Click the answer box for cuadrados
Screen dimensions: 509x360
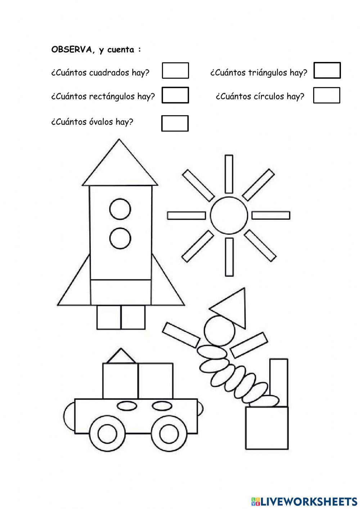coord(175,71)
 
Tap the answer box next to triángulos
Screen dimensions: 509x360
coord(327,71)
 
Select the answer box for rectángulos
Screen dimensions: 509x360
coord(175,95)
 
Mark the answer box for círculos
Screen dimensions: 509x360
coord(327,95)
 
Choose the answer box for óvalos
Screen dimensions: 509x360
coord(175,123)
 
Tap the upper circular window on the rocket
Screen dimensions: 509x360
coord(120,209)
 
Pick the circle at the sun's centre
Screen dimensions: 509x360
coord(229,215)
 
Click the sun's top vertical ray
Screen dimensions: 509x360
coord(229,174)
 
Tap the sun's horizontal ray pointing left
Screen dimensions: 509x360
coord(186,215)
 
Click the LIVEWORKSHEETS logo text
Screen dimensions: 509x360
coord(309,501)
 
